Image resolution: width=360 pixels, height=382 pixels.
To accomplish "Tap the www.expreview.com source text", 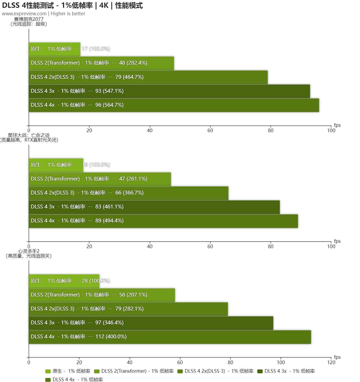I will [x=24, y=14].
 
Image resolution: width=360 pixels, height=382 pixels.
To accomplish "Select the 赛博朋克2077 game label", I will [x=29, y=19].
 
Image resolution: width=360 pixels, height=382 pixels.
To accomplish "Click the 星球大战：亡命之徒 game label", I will [x=29, y=135].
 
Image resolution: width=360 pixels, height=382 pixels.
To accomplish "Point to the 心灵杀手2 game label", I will [x=29, y=251].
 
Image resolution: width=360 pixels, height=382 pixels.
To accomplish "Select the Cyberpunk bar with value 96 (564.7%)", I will [x=174, y=105].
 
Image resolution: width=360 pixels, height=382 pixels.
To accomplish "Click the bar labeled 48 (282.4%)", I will [x=101, y=63].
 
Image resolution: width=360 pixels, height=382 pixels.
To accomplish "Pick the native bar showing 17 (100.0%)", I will [x=54, y=49].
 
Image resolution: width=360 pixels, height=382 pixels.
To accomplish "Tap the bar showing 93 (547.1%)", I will [x=169, y=91].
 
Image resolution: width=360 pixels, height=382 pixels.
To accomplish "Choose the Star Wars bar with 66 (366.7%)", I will [x=128, y=193].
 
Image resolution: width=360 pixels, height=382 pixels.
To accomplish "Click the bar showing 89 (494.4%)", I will [x=163, y=221].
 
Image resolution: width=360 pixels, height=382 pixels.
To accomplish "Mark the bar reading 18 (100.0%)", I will [x=56, y=165].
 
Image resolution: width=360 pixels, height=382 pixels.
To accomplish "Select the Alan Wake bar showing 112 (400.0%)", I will [x=170, y=337].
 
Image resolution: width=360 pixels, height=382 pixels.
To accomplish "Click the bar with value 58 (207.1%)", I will [x=102, y=295].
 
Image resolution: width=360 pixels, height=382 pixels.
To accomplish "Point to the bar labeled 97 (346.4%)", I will [x=151, y=323].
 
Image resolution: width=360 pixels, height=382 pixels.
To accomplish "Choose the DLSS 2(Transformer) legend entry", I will [x=134, y=371].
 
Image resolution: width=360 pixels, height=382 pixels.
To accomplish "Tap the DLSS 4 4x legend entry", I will [x=74, y=379].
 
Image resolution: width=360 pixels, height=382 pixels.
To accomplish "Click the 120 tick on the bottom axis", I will [x=331, y=362].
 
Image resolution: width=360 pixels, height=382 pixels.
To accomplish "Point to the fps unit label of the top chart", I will [x=337, y=125].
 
